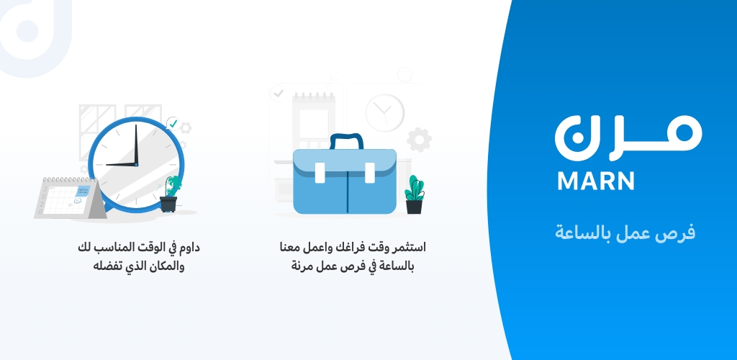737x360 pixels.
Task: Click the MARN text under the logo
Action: click(595, 181)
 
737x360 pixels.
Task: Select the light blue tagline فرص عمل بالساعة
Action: click(625, 233)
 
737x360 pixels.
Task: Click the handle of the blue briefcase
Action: click(346, 140)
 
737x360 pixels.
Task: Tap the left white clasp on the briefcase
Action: click(320, 173)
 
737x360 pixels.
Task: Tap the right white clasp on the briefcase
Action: click(370, 173)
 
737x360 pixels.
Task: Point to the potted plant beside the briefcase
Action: click(414, 194)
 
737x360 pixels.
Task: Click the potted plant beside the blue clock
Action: click(170, 194)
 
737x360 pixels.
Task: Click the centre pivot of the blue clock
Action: click(136, 164)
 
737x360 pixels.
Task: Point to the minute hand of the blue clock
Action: click(136, 144)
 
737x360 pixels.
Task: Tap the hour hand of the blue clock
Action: click(121, 164)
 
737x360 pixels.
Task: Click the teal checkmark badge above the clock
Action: click(173, 124)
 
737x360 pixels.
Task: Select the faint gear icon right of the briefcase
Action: click(419, 140)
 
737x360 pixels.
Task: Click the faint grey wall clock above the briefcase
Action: click(384, 113)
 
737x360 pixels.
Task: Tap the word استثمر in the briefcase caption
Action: click(410, 247)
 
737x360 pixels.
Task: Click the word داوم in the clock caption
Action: click(189, 248)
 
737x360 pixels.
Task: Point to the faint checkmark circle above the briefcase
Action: click(279, 94)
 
